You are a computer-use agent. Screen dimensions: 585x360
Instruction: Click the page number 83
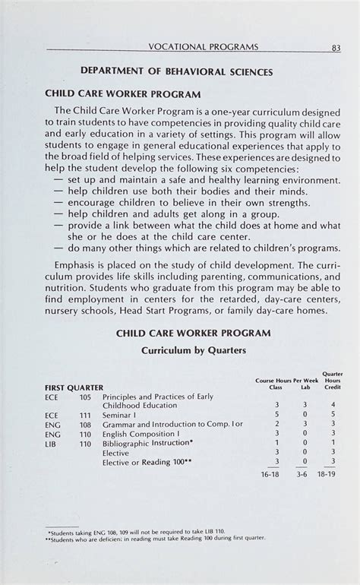click(334, 47)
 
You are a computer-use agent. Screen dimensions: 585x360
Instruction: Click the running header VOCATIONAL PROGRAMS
click(204, 47)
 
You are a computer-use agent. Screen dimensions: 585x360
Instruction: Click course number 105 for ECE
click(85, 397)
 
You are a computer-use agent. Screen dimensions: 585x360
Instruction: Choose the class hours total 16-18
click(270, 473)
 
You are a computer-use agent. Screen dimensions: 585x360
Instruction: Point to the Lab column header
click(305, 387)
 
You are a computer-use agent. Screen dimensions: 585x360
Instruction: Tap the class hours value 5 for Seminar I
click(277, 416)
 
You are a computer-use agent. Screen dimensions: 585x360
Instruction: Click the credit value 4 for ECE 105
click(333, 406)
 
